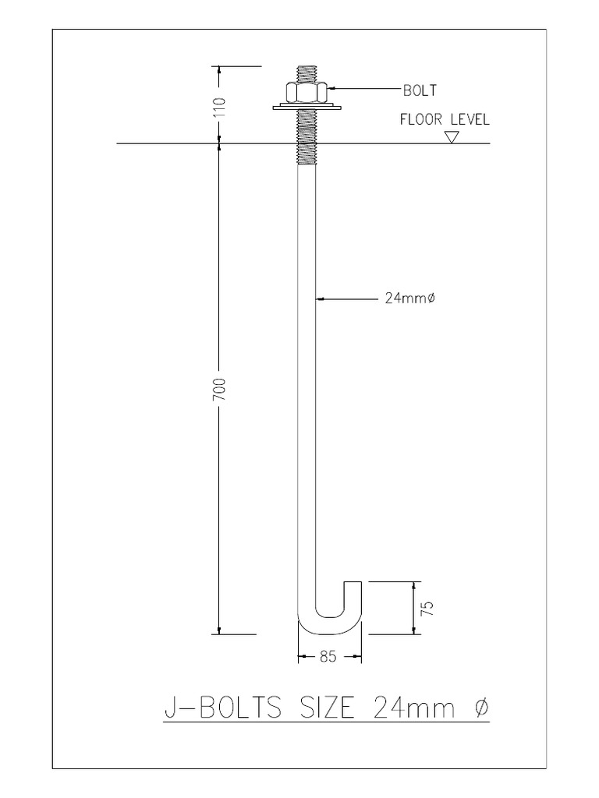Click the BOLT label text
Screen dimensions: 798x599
[420, 90]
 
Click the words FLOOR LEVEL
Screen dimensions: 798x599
[444, 120]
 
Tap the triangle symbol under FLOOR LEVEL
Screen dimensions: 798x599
[451, 137]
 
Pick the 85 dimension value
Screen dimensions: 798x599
[328, 657]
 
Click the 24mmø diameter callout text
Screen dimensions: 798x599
[409, 297]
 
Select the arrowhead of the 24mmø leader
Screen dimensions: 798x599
[319, 297]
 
